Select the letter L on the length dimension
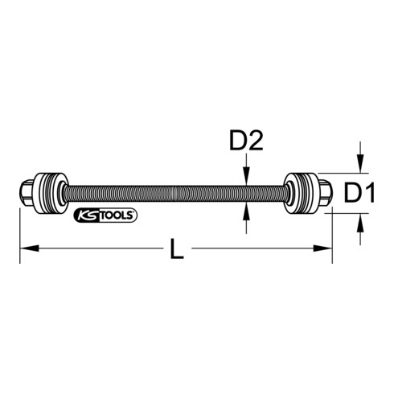(x=178, y=250)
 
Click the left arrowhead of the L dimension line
(x=25, y=250)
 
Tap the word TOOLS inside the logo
(x=117, y=215)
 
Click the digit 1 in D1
(x=371, y=191)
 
